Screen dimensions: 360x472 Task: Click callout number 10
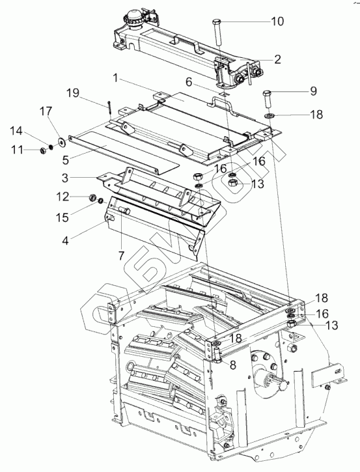click(x=277, y=21)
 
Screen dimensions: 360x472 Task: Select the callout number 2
click(x=277, y=59)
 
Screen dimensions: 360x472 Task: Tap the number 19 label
click(x=72, y=93)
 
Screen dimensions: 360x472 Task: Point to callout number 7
click(x=121, y=256)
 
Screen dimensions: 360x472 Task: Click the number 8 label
click(x=233, y=365)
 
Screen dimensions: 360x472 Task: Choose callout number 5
click(x=66, y=160)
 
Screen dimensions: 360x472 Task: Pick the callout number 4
click(x=65, y=240)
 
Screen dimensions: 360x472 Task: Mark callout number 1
click(x=115, y=78)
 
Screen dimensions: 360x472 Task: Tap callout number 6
click(x=189, y=81)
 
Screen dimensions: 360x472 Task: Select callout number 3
click(x=65, y=178)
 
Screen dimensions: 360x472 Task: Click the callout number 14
click(x=16, y=131)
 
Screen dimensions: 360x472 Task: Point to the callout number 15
click(x=62, y=217)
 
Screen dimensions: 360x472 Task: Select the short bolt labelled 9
click(x=268, y=98)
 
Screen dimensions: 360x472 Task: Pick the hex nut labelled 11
click(x=43, y=150)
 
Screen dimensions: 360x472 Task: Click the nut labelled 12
click(x=92, y=198)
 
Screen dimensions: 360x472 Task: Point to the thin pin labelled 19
click(x=109, y=110)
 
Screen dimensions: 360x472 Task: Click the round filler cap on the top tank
click(x=134, y=17)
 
